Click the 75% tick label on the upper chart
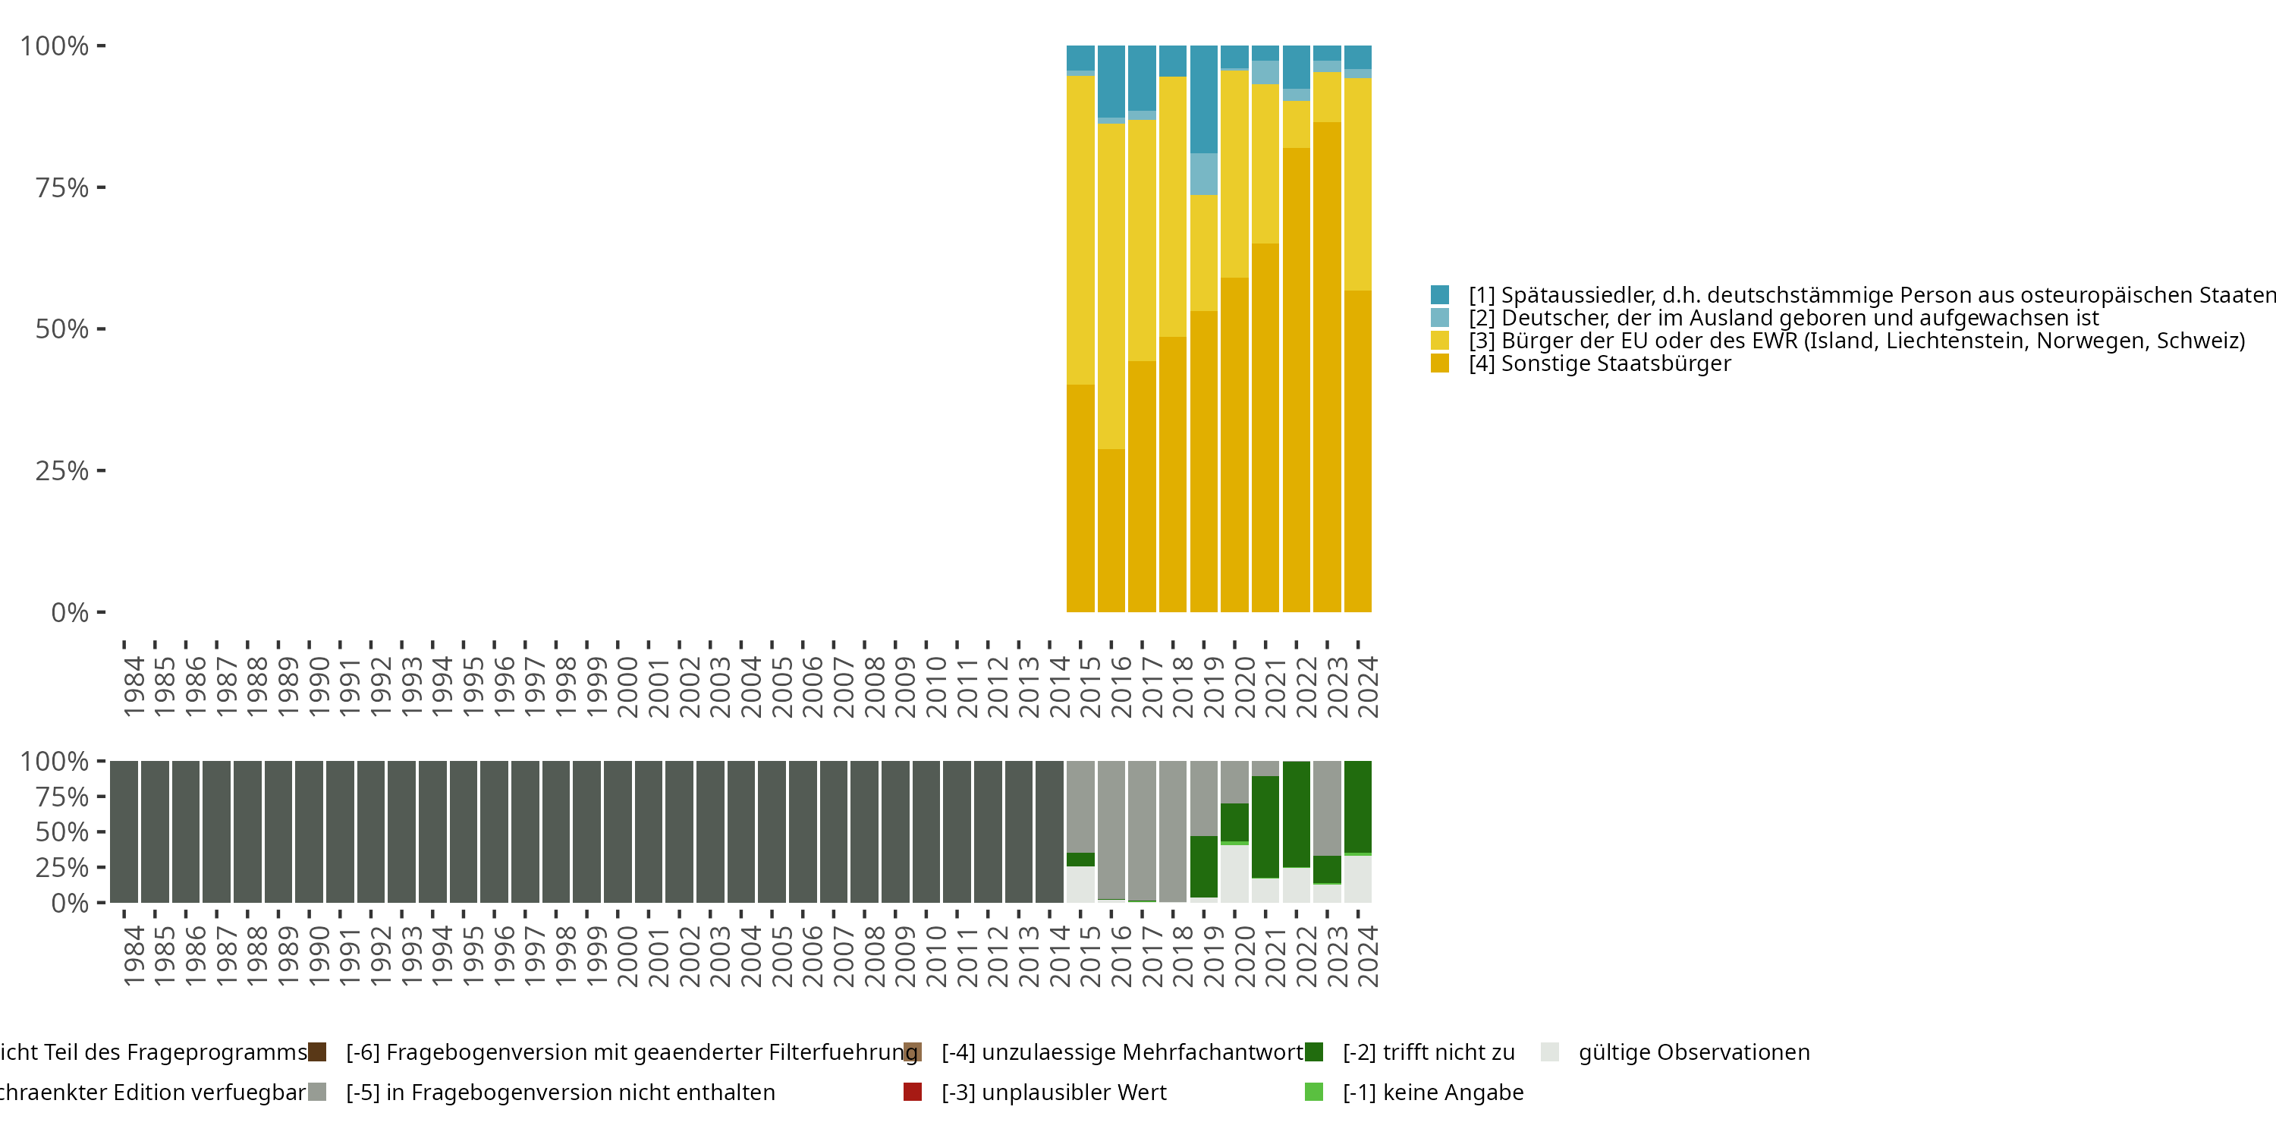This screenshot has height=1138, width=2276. (x=62, y=188)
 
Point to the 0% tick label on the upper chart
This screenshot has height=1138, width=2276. (x=69, y=612)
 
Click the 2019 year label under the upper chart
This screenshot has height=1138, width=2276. (x=1213, y=687)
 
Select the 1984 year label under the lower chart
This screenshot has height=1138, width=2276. (x=134, y=956)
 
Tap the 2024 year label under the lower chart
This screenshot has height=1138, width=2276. (x=1367, y=956)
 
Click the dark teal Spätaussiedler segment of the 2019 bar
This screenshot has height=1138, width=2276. (x=1203, y=99)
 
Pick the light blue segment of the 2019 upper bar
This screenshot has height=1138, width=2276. (x=1203, y=174)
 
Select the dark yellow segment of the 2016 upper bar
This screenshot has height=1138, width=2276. (x=1111, y=530)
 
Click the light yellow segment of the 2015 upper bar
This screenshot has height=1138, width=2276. (x=1080, y=230)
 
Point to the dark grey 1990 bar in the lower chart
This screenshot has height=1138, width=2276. (x=308, y=831)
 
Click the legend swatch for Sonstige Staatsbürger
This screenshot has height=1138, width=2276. (x=1439, y=363)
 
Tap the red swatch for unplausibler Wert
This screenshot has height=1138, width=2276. (x=913, y=1092)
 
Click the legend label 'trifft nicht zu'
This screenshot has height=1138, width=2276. (x=1428, y=1052)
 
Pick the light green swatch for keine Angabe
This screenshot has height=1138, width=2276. (x=1314, y=1092)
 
